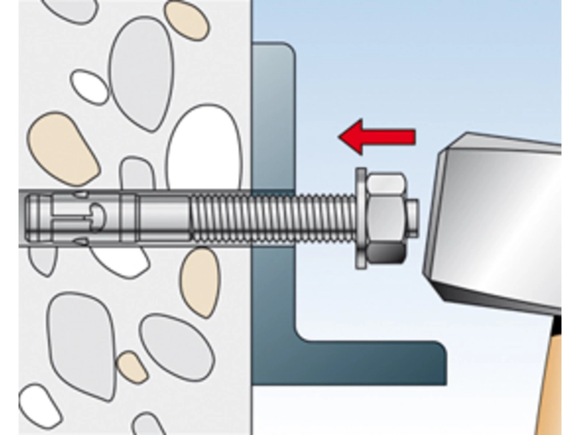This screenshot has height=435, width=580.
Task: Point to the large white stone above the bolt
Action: [x=204, y=148]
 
